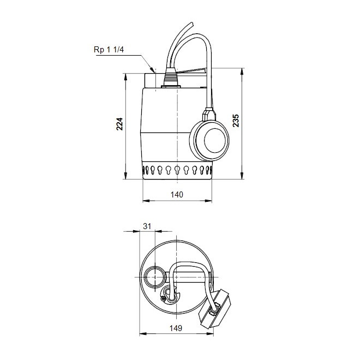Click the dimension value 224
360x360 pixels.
point(121,125)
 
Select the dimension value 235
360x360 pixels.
point(236,121)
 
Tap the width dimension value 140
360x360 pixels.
point(177,194)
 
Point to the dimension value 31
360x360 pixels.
point(146,226)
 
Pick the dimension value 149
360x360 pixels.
point(175,328)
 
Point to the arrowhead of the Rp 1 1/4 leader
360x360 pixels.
point(154,71)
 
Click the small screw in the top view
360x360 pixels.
point(163,298)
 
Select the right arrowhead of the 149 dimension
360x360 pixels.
point(223,334)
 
